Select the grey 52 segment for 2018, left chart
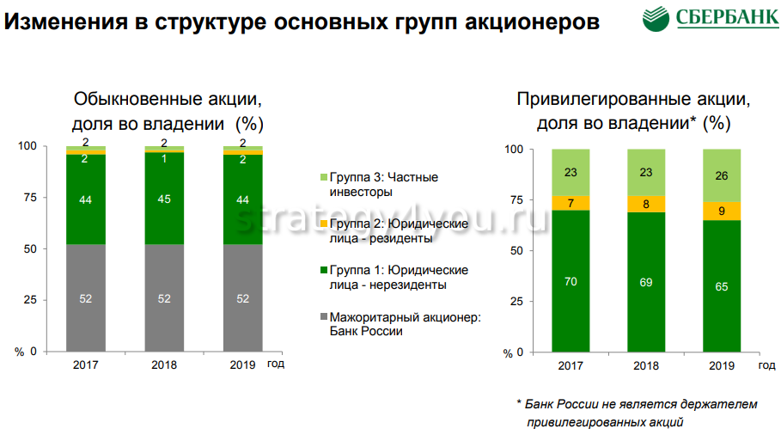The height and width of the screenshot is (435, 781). pyautogui.click(x=164, y=297)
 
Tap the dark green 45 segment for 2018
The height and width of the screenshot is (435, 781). pyautogui.click(x=164, y=199)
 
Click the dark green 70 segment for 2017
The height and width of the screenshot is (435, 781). pyautogui.click(x=570, y=280)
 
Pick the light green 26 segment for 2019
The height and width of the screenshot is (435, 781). pyautogui.click(x=722, y=175)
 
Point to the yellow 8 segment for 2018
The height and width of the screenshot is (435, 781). pyautogui.click(x=646, y=203)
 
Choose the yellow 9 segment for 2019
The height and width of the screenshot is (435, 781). pyautogui.click(x=722, y=211)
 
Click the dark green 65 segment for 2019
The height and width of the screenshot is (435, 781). pyautogui.click(x=722, y=285)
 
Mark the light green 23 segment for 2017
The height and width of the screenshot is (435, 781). pyautogui.click(x=570, y=172)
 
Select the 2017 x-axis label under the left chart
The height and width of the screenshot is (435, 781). pyautogui.click(x=86, y=365)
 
